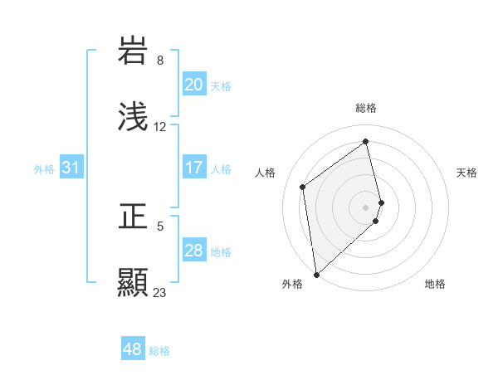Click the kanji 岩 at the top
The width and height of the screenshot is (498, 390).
point(133,51)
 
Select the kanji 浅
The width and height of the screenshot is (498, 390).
point(133,117)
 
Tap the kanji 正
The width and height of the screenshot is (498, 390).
point(133,217)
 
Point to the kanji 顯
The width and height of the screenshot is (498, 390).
point(133,282)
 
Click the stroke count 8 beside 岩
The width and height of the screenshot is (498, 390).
point(160,61)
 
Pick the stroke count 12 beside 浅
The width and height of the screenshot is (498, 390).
point(160,127)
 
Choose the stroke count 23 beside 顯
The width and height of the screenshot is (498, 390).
point(160,292)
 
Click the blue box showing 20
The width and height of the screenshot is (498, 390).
point(194,85)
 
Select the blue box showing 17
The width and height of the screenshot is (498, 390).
point(194,168)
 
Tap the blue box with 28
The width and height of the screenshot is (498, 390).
point(194,251)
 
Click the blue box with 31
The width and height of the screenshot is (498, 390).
point(71,168)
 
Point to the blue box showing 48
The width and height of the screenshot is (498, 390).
point(133,349)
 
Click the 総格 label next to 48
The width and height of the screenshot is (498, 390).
point(159,351)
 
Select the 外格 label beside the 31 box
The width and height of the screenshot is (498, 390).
point(44,169)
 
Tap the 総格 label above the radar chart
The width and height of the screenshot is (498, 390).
point(366,108)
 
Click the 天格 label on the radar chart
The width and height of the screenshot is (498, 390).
point(467,173)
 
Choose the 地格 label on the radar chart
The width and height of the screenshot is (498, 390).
point(435,284)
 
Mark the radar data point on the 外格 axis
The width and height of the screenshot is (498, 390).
point(316,274)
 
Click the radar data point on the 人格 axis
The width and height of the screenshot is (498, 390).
point(303,187)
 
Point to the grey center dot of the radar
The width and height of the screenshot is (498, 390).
point(366,207)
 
